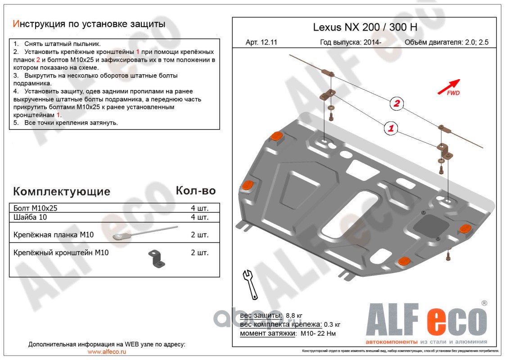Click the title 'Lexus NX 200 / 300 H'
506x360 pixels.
pyautogui.click(x=365, y=27)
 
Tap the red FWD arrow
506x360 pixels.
pyautogui.click(x=449, y=86)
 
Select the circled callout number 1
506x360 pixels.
pyautogui.click(x=391, y=129)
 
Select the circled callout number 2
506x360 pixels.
pyautogui.click(x=397, y=104)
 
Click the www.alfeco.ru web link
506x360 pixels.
pyautogui.click(x=107, y=352)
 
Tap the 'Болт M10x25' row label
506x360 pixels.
pyautogui.click(x=35, y=208)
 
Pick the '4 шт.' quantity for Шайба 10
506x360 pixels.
pyautogui.click(x=199, y=217)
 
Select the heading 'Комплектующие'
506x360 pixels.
pyautogui.click(x=62, y=191)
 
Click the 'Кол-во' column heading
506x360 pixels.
pyautogui.click(x=195, y=190)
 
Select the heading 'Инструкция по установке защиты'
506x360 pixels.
pyautogui.click(x=89, y=24)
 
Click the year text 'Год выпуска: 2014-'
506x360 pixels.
pyautogui.click(x=351, y=43)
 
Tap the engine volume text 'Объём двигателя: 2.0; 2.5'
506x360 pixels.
pyautogui.click(x=446, y=43)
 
